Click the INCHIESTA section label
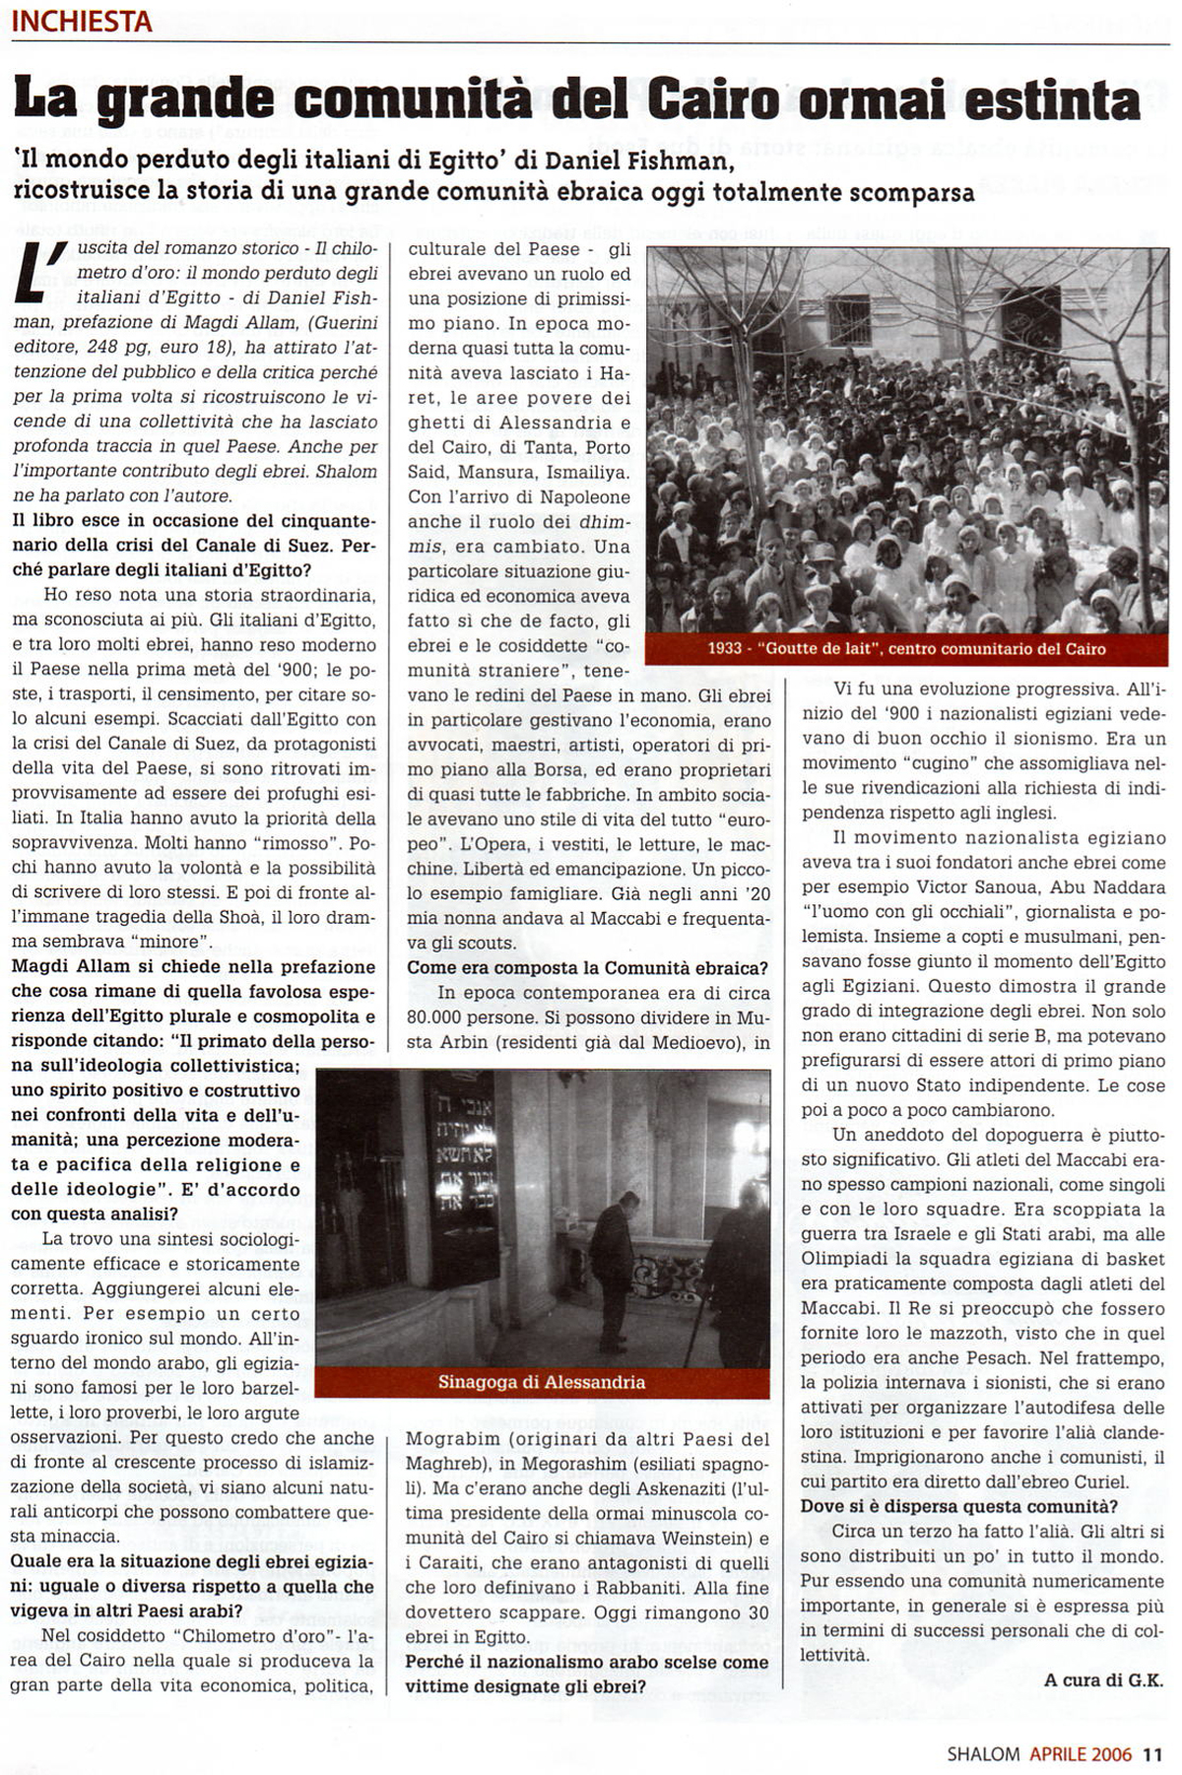83,22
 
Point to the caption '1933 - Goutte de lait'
906,649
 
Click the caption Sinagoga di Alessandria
542,1382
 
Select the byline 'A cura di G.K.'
1103,1680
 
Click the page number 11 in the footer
1153,1753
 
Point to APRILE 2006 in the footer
1082,1753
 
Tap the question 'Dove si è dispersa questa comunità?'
958,1506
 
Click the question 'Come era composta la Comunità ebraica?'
587,968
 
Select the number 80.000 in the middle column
441,1018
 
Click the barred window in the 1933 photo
848,318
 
